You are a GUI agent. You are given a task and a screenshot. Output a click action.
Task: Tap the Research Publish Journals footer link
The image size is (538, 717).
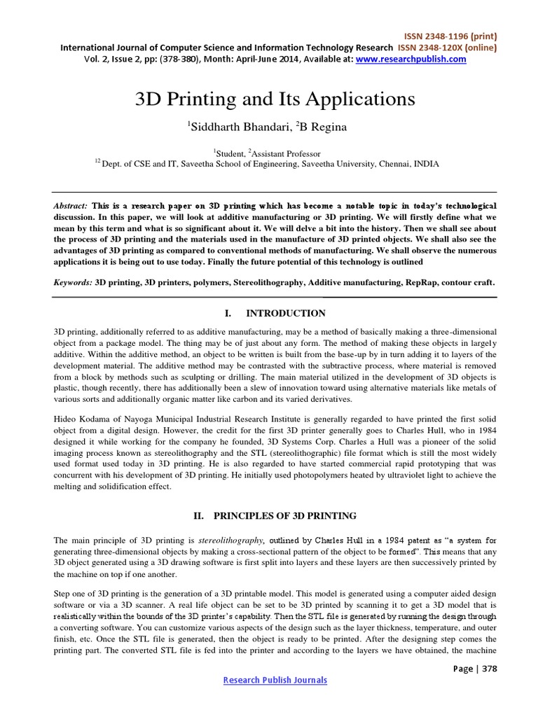tap(275, 680)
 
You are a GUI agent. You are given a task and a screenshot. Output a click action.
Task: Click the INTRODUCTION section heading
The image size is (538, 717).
tap(285, 313)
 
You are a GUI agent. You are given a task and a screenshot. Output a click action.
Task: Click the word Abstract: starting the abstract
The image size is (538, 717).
tap(71, 207)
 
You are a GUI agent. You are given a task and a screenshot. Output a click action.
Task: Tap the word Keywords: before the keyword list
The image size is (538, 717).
tap(73, 282)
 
